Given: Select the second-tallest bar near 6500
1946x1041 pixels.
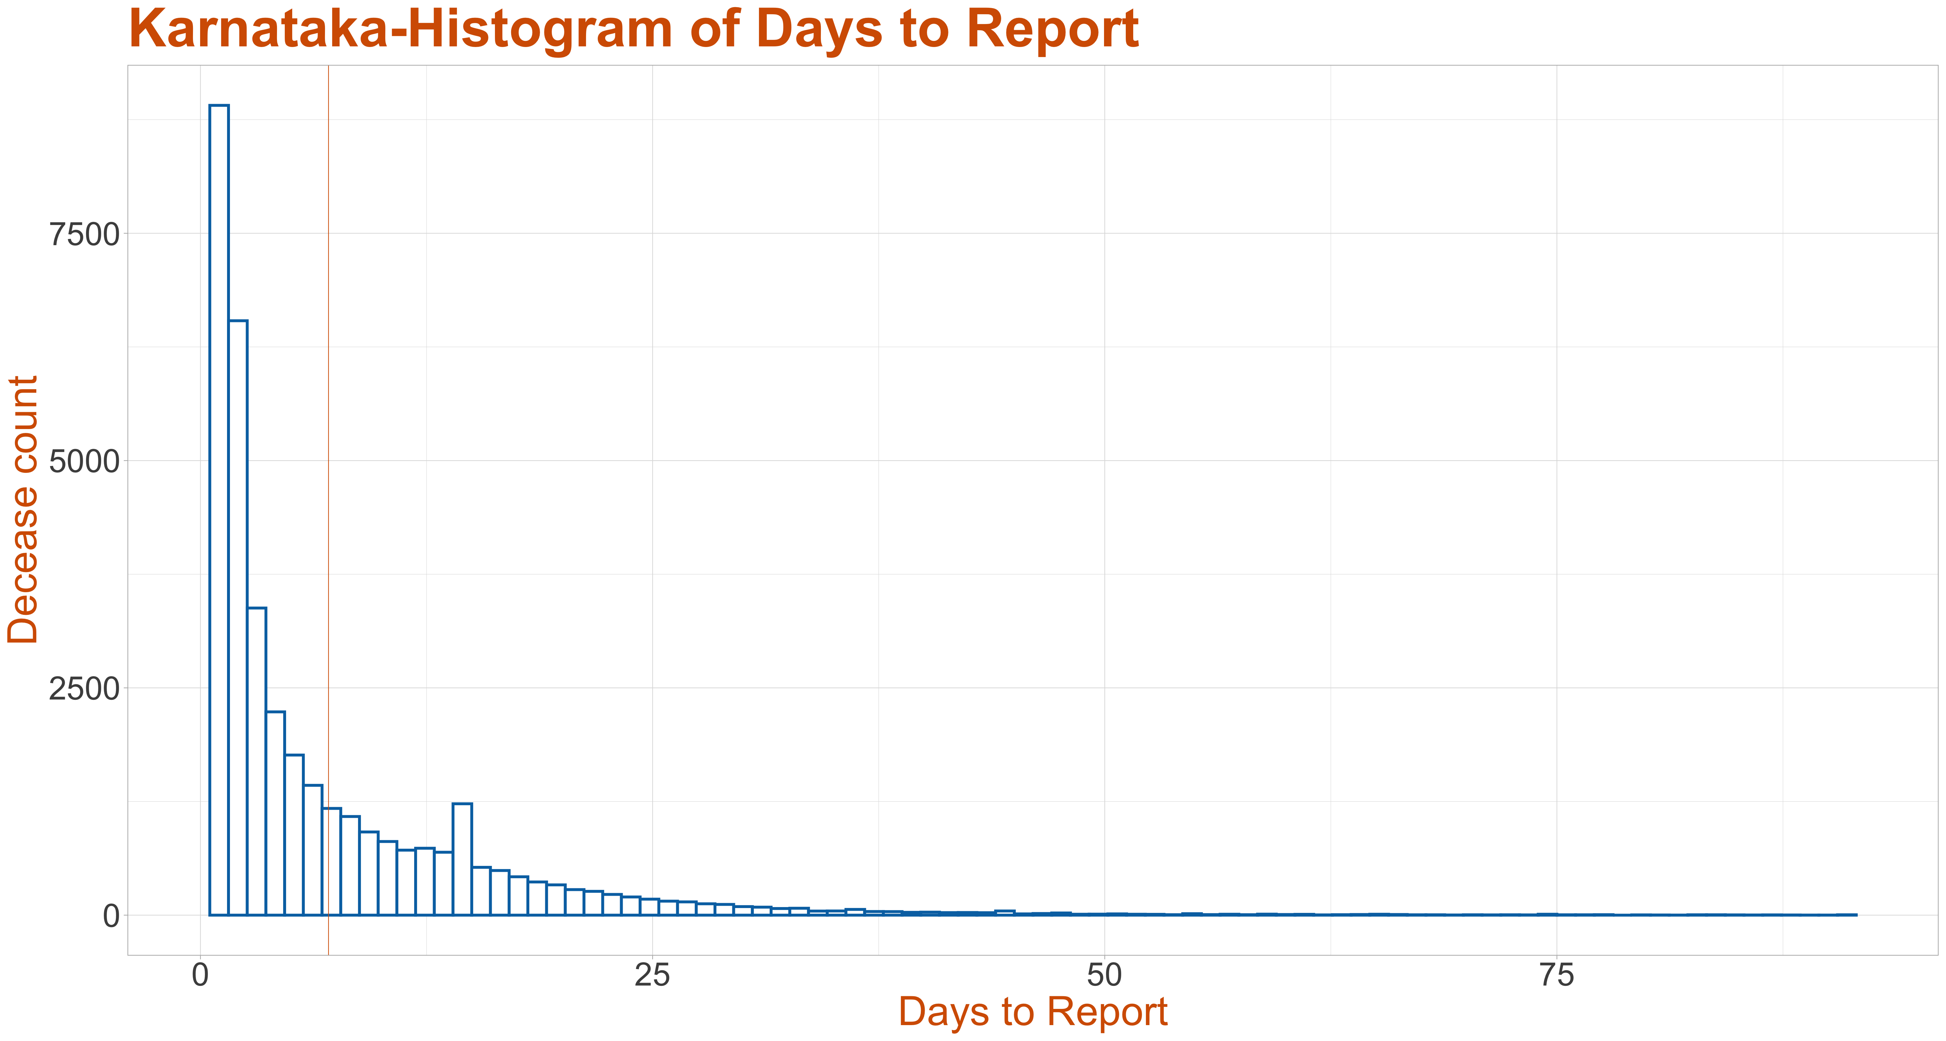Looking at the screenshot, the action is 238,618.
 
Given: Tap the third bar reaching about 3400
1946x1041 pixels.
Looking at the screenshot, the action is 257,761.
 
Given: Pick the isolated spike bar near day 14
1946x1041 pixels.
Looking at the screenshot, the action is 462,859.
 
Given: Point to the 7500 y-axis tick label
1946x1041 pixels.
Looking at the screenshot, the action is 85,235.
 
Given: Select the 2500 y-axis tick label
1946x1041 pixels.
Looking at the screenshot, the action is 85,689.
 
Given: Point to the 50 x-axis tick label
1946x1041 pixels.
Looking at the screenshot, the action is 1104,975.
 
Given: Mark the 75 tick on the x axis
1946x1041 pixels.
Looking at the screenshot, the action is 1557,975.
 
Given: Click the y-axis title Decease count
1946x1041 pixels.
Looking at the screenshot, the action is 23,510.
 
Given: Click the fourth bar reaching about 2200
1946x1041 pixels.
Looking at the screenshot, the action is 276,814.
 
